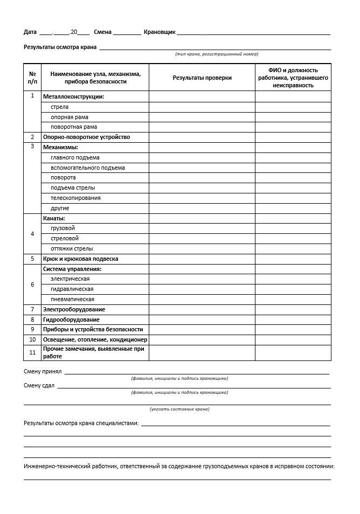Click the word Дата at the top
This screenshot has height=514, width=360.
click(30, 32)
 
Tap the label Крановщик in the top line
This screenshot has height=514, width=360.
click(160, 32)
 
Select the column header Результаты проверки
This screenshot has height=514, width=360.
click(202, 78)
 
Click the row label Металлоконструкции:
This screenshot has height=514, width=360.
click(73, 96)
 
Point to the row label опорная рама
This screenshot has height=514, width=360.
click(70, 117)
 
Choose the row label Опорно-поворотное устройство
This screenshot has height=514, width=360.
click(86, 137)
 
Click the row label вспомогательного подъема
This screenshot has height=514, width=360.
click(88, 168)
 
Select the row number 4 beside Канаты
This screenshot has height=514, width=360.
click(32, 234)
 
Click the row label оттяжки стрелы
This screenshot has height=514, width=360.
click(72, 248)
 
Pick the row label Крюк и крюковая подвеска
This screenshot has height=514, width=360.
click(80, 259)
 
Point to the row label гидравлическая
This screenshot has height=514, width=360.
click(72, 289)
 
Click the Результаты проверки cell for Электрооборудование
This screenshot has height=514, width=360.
click(202, 309)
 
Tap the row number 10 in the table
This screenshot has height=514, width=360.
click(32, 339)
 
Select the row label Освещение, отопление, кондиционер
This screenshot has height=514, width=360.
click(95, 339)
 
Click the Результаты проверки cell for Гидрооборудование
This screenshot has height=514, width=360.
click(202, 319)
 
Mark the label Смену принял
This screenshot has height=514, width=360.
click(43, 371)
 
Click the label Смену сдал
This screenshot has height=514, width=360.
click(39, 385)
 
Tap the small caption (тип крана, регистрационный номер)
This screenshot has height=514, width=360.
click(217, 54)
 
